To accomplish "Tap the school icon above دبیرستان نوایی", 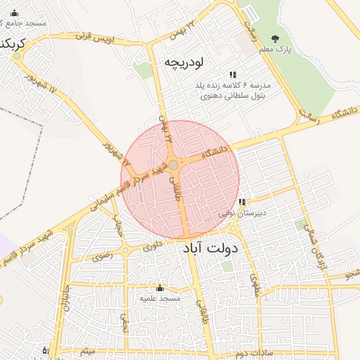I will click(x=242, y=202).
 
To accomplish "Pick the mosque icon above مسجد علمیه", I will click(x=160, y=288).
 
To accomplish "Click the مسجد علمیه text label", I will click(x=160, y=298).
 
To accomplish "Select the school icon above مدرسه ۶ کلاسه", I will click(x=233, y=75).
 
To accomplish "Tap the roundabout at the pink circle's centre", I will click(x=173, y=165).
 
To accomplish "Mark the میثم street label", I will click(x=87, y=350).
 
